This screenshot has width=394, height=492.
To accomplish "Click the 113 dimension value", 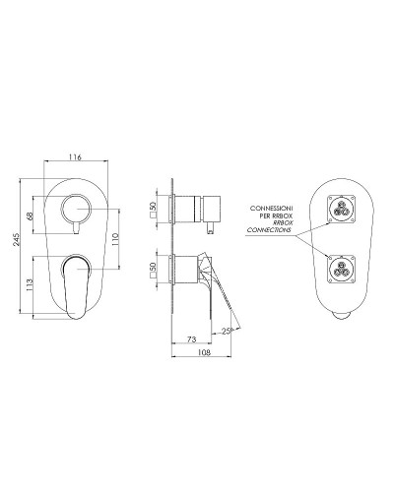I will [32, 285].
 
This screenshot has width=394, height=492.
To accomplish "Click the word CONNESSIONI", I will [271, 209].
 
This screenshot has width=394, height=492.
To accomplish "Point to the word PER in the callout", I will [261, 216].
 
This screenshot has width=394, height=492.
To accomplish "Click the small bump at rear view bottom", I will [340, 317].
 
